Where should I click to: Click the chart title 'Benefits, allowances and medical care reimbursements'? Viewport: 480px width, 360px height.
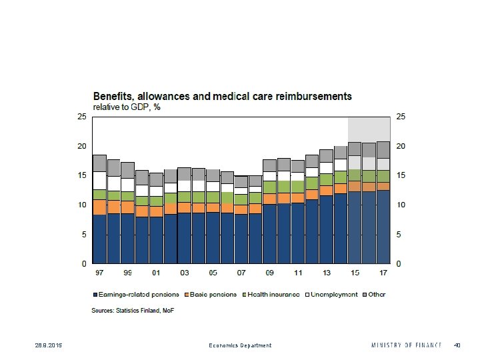(x=221, y=97)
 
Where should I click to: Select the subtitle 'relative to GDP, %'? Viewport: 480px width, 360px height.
(x=127, y=107)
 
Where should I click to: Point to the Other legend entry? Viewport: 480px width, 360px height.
(x=376, y=294)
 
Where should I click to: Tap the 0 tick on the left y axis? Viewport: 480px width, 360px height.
(x=84, y=264)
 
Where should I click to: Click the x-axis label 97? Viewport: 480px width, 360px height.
(x=99, y=273)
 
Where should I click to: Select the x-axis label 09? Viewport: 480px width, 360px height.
(x=269, y=273)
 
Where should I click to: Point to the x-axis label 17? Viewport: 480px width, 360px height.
(x=383, y=273)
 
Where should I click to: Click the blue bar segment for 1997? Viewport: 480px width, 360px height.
(x=99, y=239)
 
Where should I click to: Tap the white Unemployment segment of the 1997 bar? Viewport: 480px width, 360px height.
(x=99, y=180)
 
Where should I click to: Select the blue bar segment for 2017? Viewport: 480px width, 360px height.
(x=383, y=227)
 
